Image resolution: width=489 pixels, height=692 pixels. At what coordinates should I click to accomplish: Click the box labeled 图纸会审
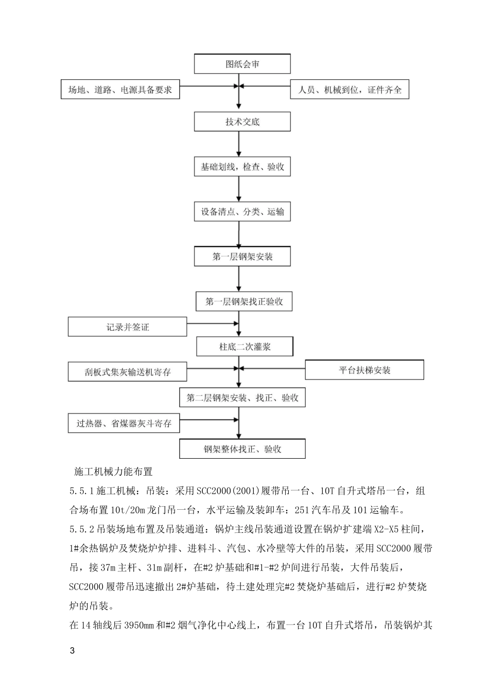(242, 64)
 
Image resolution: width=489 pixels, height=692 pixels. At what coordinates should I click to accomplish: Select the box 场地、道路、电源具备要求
(120, 90)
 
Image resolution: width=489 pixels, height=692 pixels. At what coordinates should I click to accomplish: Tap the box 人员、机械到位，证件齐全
(350, 90)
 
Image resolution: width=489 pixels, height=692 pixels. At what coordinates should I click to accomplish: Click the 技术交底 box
(242, 122)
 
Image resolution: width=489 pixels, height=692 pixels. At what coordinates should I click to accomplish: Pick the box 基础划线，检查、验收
(242, 167)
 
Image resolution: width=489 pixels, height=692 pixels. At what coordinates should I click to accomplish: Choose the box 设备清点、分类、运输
(242, 212)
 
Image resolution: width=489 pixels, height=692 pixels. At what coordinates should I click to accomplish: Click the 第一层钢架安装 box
(242, 256)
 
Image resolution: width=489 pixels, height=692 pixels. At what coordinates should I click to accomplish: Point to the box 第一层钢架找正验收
(244, 302)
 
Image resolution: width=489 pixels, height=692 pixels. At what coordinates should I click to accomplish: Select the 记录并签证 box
(128, 327)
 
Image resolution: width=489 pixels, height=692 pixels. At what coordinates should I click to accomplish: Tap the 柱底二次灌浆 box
(244, 347)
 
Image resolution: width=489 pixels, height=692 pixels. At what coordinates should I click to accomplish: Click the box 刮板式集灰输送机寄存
(128, 372)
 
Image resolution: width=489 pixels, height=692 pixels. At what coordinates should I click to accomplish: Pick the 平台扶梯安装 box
(364, 370)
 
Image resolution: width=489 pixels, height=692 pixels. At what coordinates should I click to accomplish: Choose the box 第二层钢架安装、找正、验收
(242, 397)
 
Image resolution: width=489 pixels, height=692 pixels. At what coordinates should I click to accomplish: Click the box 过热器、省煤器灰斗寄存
(124, 424)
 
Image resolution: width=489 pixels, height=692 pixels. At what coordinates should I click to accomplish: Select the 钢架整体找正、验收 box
(242, 449)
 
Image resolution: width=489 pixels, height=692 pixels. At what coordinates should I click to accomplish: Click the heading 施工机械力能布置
(113, 471)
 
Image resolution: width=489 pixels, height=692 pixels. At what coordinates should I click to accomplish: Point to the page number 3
(72, 650)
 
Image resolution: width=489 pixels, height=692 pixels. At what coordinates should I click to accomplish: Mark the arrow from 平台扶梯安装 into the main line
(272, 369)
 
